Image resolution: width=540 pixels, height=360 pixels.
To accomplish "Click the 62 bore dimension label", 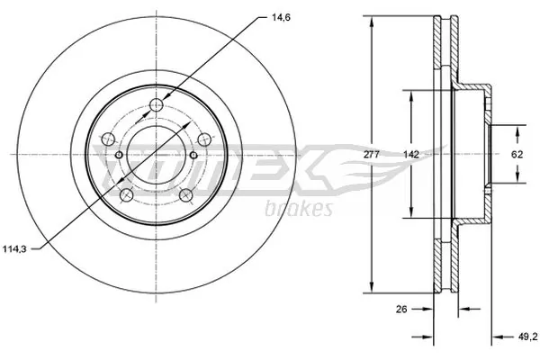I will click(x=517, y=155).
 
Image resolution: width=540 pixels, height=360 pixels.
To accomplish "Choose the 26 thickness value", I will click(x=401, y=310).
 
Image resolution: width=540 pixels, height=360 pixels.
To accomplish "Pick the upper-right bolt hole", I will click(x=204, y=138).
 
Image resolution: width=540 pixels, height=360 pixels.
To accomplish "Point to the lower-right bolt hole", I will click(x=186, y=195).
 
